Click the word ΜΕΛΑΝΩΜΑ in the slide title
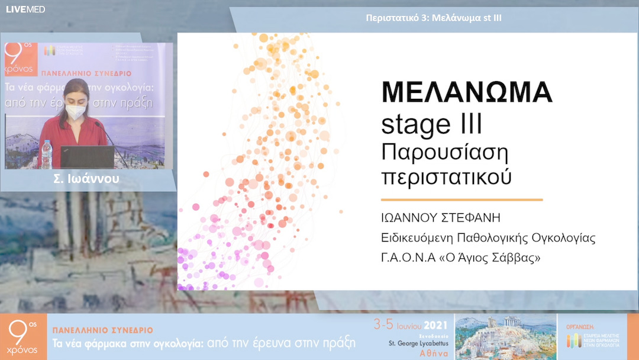[x=466, y=93]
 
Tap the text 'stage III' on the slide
[x=431, y=124]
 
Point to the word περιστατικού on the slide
[x=446, y=177]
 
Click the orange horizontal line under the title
[x=461, y=200]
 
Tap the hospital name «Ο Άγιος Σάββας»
[x=496, y=258]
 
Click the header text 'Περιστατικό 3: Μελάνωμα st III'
[x=434, y=18]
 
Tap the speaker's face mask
[x=75, y=111]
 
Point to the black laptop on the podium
[x=87, y=157]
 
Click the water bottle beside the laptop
[x=46, y=154]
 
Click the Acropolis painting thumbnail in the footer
[x=505, y=336]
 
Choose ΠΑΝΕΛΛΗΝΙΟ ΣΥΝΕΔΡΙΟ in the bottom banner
[x=103, y=330]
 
